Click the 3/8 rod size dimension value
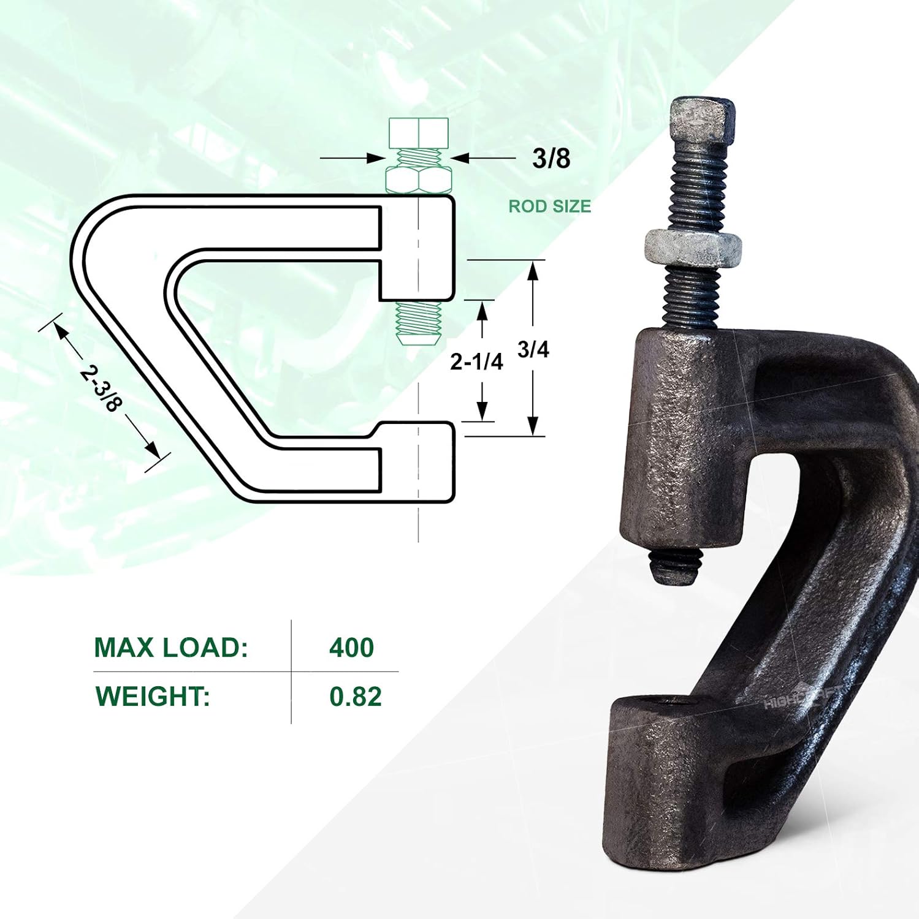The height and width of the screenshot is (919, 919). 551,158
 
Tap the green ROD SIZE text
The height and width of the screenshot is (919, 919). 549,206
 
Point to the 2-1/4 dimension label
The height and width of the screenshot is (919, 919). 476,362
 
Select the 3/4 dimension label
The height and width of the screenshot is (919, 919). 533,350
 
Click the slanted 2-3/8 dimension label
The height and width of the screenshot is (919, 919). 102,388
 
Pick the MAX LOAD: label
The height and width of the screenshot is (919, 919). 171,648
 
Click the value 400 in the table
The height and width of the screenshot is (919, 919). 351,648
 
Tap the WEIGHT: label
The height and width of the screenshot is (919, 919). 153,697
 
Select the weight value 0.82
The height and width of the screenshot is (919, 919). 355,697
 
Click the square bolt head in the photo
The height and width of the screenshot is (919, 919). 702,121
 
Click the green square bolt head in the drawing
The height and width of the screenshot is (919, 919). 419,133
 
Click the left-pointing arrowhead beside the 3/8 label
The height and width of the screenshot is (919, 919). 460,158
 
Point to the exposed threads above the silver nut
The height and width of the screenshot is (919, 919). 699,187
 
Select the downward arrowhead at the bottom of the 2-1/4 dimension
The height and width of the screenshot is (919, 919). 482,411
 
